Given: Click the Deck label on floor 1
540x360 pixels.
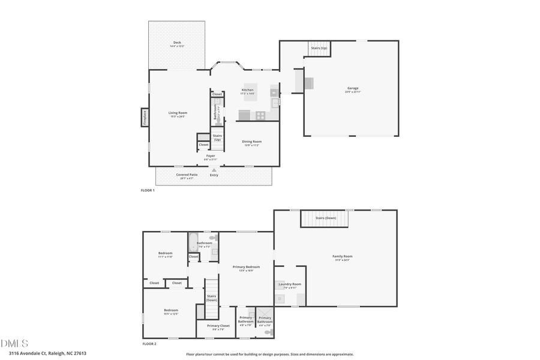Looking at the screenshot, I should tap(177, 43).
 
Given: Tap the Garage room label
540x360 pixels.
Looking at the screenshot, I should tap(352, 88).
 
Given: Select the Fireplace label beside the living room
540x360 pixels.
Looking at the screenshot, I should tap(145, 118).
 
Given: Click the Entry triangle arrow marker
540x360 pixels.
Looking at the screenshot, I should tap(214, 170).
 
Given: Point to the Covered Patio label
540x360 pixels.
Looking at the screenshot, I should tap(187, 175).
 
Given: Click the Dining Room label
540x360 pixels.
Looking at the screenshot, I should tap(251, 142).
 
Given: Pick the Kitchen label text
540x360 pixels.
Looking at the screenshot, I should tap(248, 90).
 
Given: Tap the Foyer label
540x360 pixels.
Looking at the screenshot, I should tap(210, 156).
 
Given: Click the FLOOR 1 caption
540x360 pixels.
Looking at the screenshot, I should tap(148, 190).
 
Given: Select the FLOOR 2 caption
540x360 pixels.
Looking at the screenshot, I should tap(149, 344).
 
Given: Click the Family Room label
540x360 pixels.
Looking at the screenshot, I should tap(342, 256).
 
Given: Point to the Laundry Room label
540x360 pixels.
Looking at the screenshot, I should tap(290, 284).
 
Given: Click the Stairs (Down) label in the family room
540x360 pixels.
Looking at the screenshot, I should tap(326, 218).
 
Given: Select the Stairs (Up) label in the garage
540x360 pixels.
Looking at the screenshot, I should tap(319, 47).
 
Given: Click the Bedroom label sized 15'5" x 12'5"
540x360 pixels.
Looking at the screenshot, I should tap(171, 310).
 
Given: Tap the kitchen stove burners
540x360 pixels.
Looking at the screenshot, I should tap(261, 115).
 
